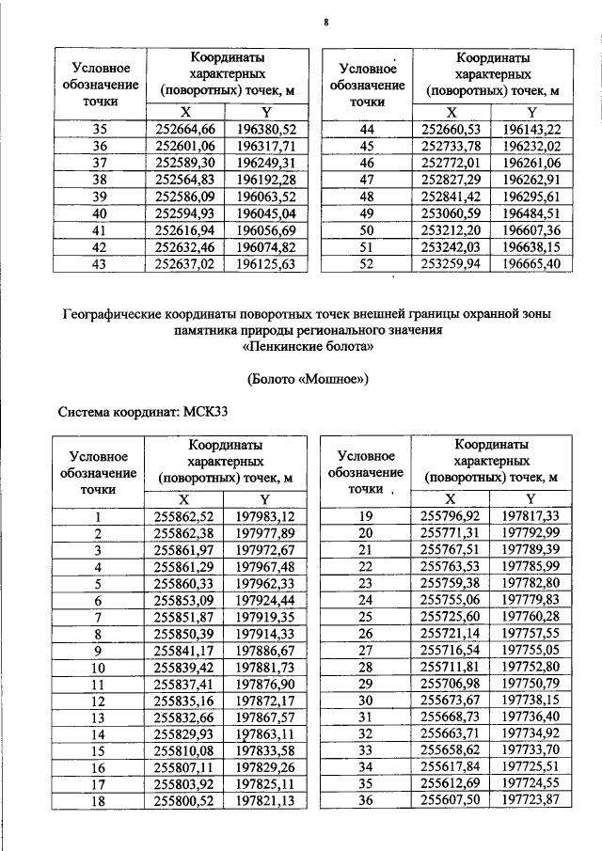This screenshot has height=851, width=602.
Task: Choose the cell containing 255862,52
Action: (x=183, y=516)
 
